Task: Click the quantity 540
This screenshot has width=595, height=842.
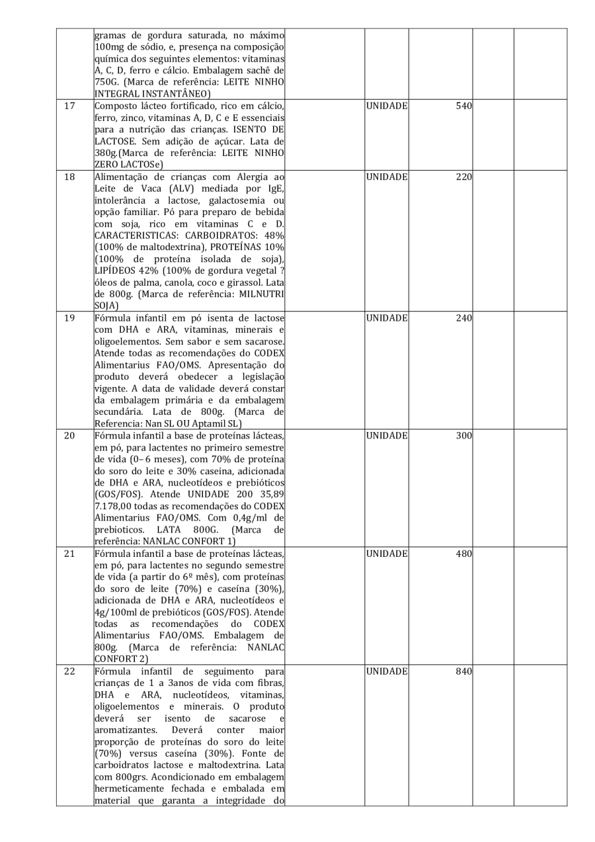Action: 461,106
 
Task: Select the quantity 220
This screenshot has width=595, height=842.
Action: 461,177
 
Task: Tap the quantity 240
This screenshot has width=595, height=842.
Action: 461,317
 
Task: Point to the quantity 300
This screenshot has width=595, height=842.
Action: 461,435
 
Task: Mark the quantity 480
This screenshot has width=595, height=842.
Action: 461,553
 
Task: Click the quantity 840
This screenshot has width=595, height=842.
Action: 461,671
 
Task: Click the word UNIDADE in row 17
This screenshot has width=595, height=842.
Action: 386,106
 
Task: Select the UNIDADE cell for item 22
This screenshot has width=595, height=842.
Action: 386,671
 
